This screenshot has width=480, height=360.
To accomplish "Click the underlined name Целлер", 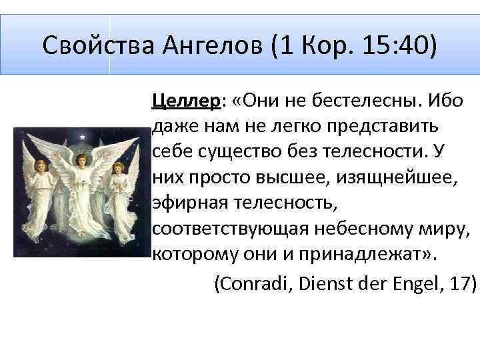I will (x=186, y=101).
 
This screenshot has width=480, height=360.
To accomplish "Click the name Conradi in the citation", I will (x=253, y=283).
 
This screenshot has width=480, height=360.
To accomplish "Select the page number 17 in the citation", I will (x=460, y=283).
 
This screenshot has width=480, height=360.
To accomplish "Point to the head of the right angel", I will (x=118, y=167).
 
